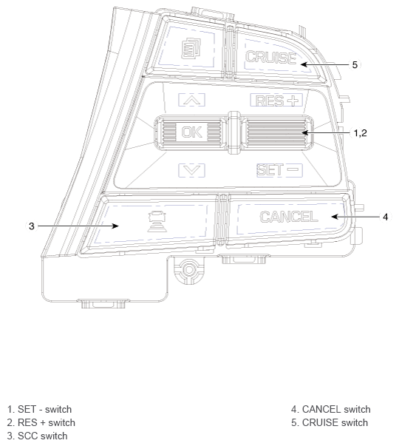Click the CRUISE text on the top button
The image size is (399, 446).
270,57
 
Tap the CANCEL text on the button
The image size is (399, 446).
289,217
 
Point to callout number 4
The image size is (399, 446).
385,217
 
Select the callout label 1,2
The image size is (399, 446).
361,133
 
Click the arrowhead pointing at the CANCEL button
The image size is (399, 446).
333,217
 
